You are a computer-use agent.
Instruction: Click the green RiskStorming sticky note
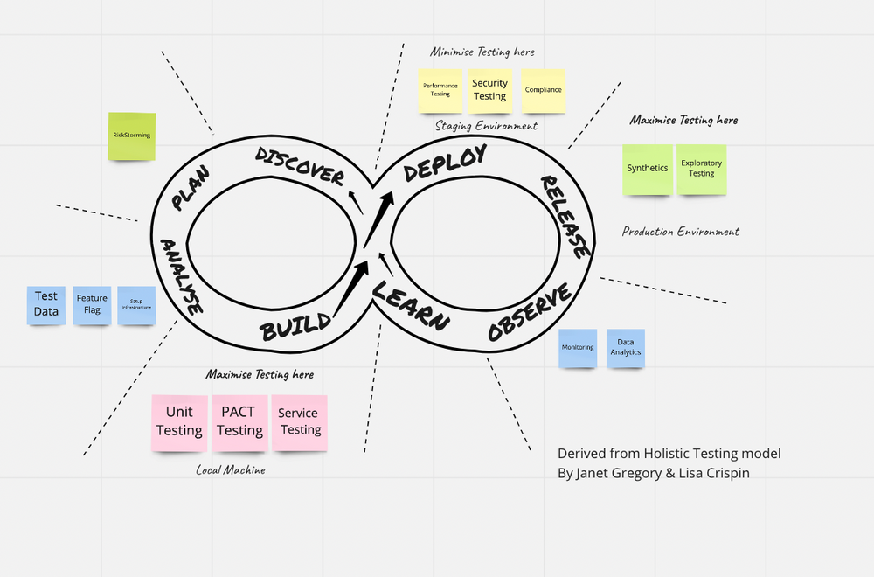pyautogui.click(x=131, y=136)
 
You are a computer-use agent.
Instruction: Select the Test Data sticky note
pyautogui.click(x=46, y=305)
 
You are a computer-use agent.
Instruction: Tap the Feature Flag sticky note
pyautogui.click(x=92, y=305)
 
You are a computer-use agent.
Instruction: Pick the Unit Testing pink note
pyautogui.click(x=179, y=421)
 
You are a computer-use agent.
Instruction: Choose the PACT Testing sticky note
pyautogui.click(x=239, y=422)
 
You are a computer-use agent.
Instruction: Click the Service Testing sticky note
pyautogui.click(x=300, y=422)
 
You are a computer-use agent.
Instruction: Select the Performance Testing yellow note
pyautogui.click(x=440, y=90)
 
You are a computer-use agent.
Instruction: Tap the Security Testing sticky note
pyautogui.click(x=490, y=90)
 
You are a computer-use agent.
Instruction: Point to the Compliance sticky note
pyautogui.click(x=544, y=90)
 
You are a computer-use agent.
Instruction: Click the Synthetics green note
pyautogui.click(x=648, y=169)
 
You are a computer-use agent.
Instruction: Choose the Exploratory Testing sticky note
pyautogui.click(x=701, y=169)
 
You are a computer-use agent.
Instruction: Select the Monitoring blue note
pyautogui.click(x=578, y=348)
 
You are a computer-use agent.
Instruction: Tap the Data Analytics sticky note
pyautogui.click(x=626, y=348)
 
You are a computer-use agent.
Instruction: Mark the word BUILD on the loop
pyautogui.click(x=296, y=326)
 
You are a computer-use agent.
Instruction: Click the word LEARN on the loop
pyautogui.click(x=411, y=307)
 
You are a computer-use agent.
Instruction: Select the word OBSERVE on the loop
pyautogui.click(x=530, y=312)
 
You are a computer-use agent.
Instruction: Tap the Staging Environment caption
pyautogui.click(x=487, y=126)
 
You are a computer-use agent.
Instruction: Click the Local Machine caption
pyautogui.click(x=231, y=470)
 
